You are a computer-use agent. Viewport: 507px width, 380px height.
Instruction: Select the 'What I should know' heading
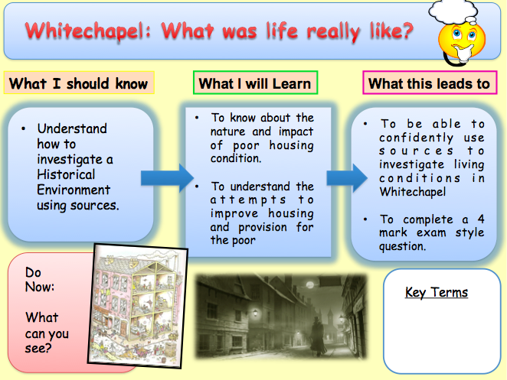[x=79, y=83]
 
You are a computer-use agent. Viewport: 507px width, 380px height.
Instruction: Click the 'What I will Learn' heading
[x=256, y=83]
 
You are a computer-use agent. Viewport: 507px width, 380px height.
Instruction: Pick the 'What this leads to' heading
[x=430, y=83]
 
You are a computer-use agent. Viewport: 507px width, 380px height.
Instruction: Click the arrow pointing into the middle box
[x=167, y=178]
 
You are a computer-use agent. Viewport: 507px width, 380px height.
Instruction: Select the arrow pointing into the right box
[x=347, y=178]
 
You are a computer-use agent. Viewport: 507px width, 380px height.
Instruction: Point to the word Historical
[x=66, y=174]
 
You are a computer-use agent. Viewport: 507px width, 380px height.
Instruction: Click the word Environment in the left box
[x=74, y=190]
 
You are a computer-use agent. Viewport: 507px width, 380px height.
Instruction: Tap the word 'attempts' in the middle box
[x=248, y=200]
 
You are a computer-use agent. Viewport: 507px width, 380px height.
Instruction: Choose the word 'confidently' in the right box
[x=416, y=138]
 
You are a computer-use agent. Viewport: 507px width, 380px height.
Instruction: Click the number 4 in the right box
[x=481, y=219]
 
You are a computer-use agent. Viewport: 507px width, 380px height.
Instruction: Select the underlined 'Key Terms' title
[x=437, y=293]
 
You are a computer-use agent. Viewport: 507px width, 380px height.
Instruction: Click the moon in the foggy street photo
[x=309, y=284]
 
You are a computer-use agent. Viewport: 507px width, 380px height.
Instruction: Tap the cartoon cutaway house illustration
[x=137, y=306]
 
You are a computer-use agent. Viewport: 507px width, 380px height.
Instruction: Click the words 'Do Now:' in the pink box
[x=40, y=280]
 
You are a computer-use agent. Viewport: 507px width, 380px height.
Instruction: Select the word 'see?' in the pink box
[x=38, y=349]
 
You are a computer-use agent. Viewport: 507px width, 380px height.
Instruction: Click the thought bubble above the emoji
[x=453, y=12]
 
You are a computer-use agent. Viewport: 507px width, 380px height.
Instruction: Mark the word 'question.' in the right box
[x=403, y=247]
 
